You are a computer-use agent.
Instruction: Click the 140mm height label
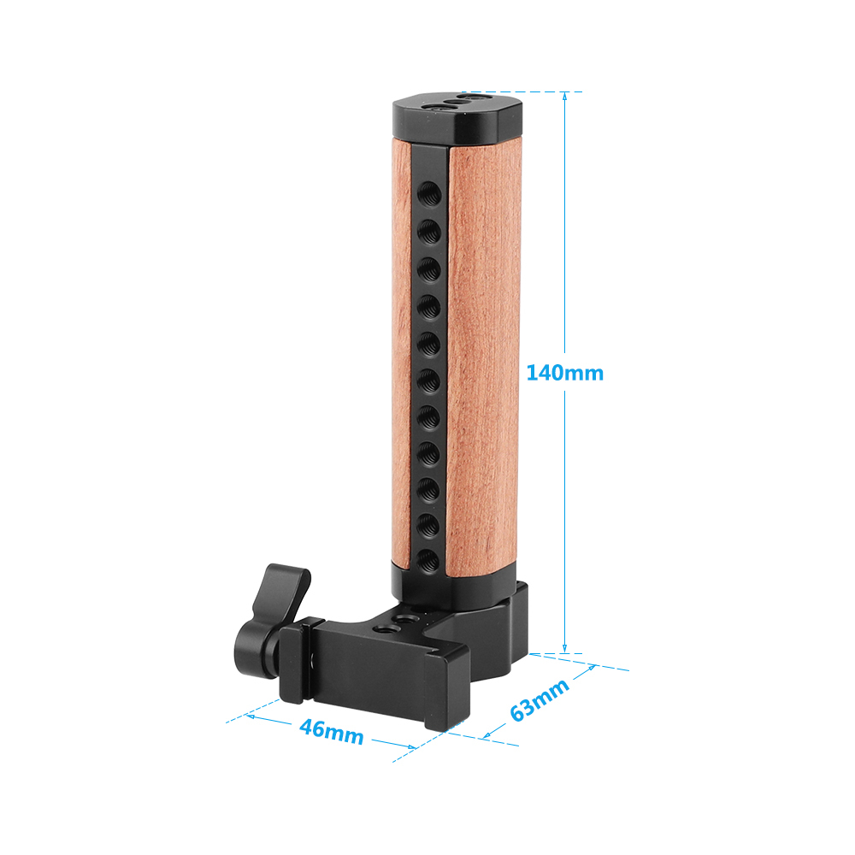pyautogui.click(x=564, y=373)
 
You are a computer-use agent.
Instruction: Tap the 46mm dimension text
pyautogui.click(x=331, y=732)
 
